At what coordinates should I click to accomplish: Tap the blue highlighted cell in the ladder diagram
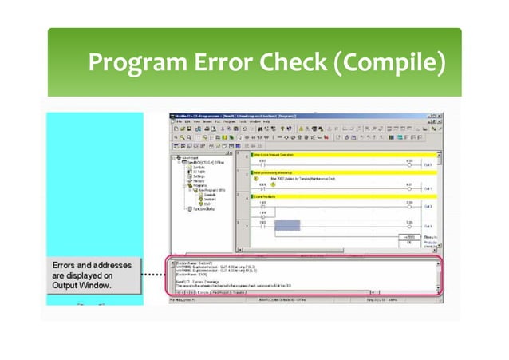point(286,227)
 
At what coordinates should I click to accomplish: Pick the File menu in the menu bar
point(180,121)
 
